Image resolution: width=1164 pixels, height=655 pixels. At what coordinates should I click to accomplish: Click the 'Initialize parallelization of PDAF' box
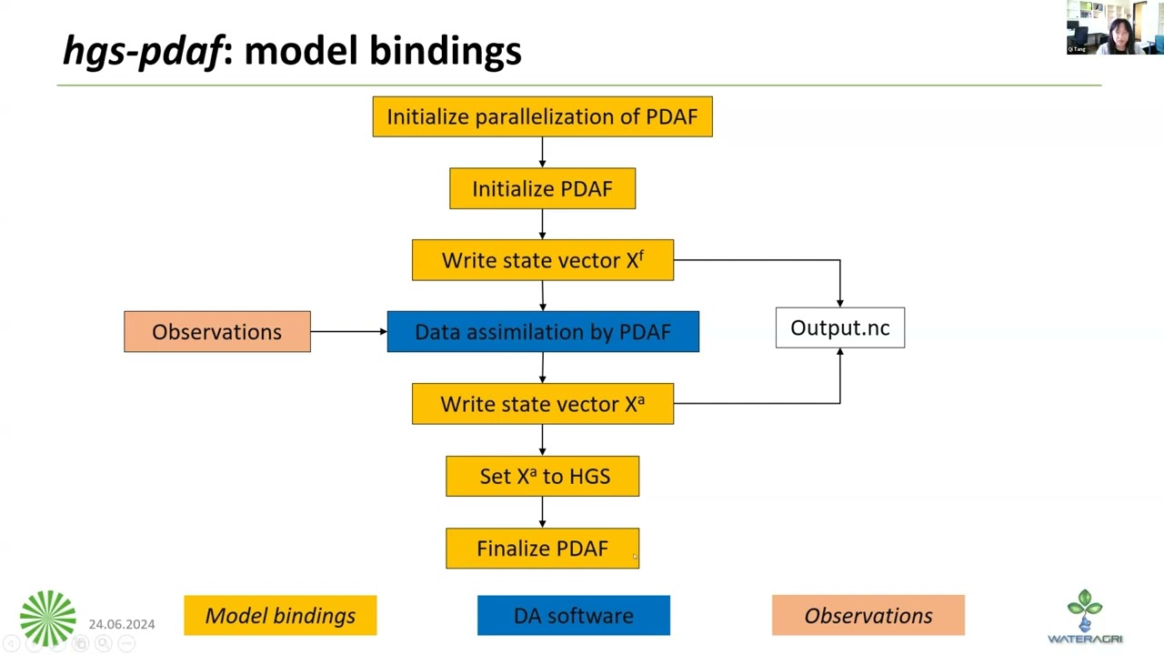coord(542,116)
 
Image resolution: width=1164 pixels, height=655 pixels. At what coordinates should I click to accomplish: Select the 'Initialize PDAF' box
coord(542,188)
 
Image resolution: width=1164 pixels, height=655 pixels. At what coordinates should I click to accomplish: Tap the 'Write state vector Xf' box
coord(542,260)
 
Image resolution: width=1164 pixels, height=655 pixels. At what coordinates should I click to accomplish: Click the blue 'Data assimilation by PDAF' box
coord(542,332)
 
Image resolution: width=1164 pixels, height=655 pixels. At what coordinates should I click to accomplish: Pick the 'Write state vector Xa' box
coord(542,404)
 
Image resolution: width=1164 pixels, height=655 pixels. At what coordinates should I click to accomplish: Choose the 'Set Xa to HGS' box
coord(542,476)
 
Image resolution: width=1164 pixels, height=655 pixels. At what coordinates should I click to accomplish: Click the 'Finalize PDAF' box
coord(542,549)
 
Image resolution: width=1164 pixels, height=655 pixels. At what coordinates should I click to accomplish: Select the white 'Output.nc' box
coord(839,327)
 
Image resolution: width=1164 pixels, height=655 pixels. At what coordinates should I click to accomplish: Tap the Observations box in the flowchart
coord(216,332)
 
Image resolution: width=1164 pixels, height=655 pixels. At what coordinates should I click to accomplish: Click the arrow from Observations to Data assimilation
coord(348,331)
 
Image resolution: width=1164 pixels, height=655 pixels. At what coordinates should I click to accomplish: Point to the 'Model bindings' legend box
coord(280,616)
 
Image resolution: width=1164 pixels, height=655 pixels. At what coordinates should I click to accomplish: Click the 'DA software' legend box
coord(573,616)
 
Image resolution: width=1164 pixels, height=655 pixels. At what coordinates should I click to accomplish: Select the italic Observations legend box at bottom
coord(868,616)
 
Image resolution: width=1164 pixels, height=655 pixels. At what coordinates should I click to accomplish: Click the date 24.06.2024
coord(122,624)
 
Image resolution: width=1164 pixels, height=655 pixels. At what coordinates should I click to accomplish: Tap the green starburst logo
coord(48,619)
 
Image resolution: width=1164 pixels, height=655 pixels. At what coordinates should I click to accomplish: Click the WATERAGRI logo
coord(1085,617)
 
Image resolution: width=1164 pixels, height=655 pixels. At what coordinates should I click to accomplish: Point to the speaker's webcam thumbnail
coord(1113,28)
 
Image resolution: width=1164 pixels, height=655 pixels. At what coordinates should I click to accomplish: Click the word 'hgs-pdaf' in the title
coord(142,51)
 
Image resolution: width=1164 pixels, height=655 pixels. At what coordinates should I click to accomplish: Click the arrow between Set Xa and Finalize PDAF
coord(542,512)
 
